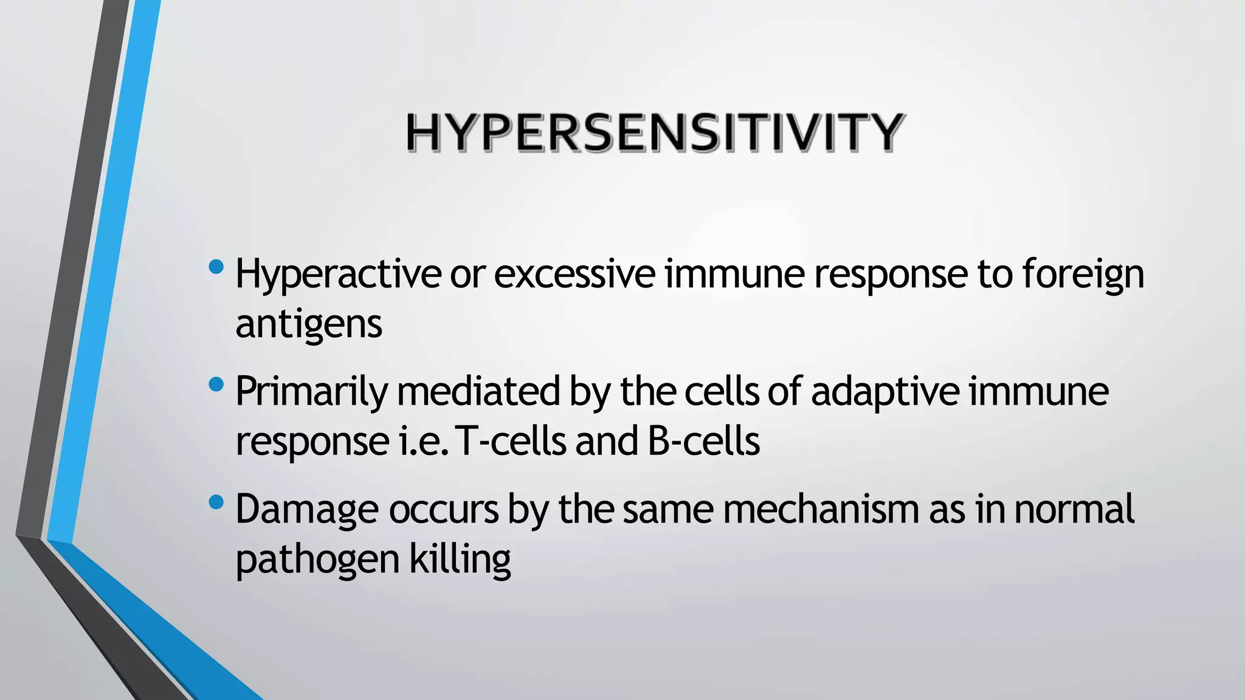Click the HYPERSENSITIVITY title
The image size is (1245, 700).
[x=654, y=132]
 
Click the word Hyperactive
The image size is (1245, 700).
[x=337, y=275]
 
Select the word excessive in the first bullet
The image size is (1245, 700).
[x=574, y=275]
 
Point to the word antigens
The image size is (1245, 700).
[x=308, y=324]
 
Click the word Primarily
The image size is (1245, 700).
[x=311, y=392]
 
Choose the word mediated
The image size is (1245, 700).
[x=478, y=392]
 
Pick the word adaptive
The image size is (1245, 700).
[x=885, y=392]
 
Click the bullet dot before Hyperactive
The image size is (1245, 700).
[x=216, y=266]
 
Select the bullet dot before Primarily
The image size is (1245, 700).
[x=216, y=384]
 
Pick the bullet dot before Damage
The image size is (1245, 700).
[x=216, y=502]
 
